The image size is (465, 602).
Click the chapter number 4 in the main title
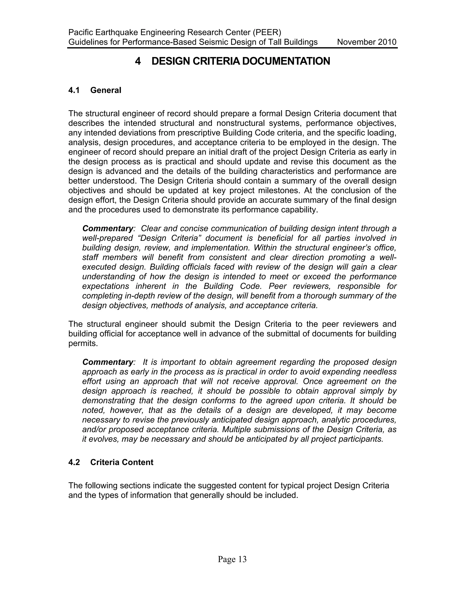138,61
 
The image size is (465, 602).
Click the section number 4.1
74,90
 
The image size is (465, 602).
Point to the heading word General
106,90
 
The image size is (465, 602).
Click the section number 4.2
74,462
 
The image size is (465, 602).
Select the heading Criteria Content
121,462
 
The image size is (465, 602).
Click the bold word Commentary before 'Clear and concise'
108,229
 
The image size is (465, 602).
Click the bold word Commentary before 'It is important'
108,362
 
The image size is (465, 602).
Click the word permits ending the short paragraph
83,343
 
